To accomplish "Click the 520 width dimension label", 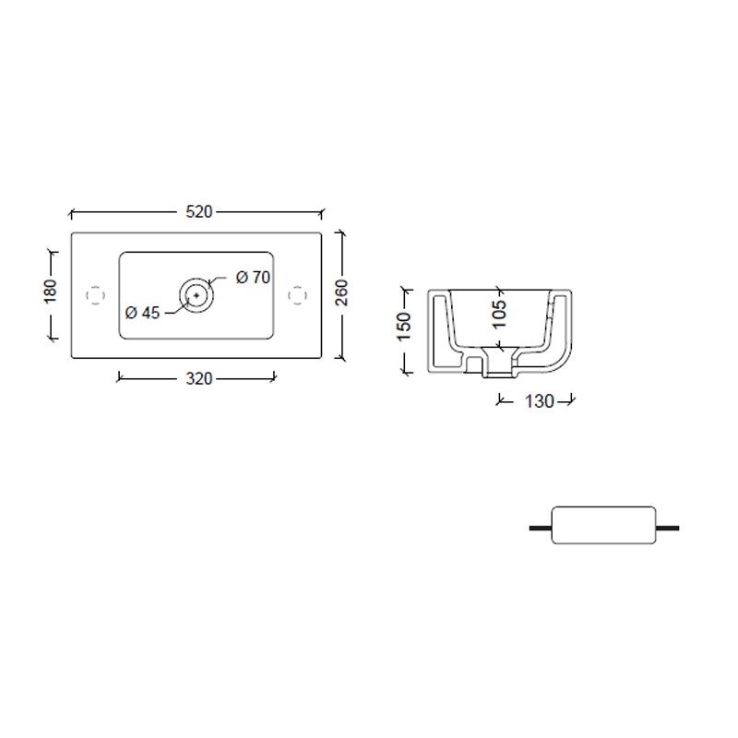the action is click(x=199, y=212).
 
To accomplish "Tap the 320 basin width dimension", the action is click(x=199, y=379).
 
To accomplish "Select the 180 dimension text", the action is click(x=50, y=292).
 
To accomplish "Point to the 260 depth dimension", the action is click(x=342, y=292).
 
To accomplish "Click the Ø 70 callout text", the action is click(x=253, y=278).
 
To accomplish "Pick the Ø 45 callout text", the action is click(x=143, y=313).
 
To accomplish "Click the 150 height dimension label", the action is click(x=404, y=327).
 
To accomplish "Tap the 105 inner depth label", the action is click(x=499, y=315).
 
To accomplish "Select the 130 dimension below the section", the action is click(x=540, y=401).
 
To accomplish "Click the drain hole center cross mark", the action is click(x=196, y=295).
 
